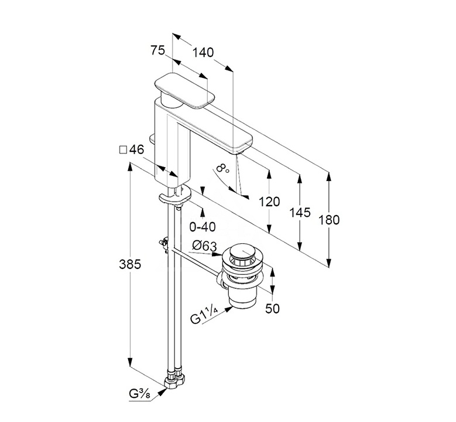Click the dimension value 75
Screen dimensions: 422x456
click(x=157, y=51)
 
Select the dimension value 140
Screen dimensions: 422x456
click(x=203, y=53)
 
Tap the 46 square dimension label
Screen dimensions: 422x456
click(x=132, y=150)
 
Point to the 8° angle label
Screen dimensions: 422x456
click(x=222, y=169)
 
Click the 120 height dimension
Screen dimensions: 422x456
click(x=269, y=202)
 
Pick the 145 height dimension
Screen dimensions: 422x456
click(x=300, y=213)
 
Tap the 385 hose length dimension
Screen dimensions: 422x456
click(x=129, y=264)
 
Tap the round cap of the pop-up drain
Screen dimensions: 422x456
click(x=242, y=254)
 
